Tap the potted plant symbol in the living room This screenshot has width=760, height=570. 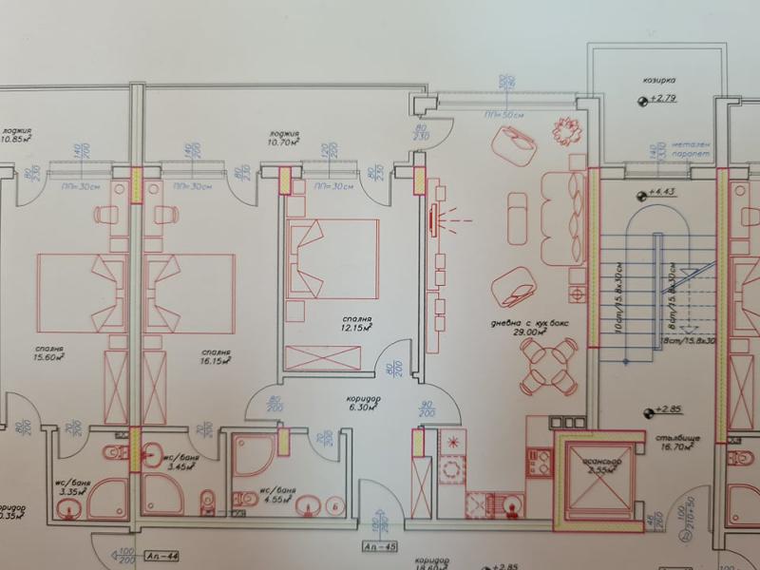(566, 131)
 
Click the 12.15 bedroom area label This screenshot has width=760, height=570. (357, 327)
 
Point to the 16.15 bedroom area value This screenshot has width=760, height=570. (217, 362)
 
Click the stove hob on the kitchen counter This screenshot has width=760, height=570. (453, 443)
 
